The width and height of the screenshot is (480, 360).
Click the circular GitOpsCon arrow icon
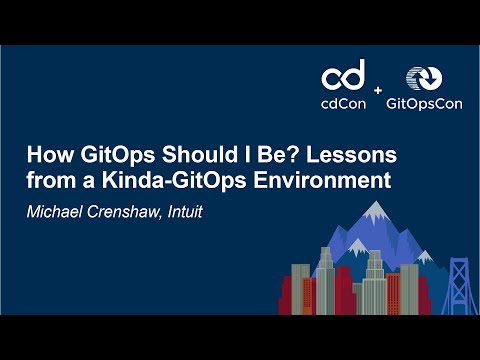pos(420,80)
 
